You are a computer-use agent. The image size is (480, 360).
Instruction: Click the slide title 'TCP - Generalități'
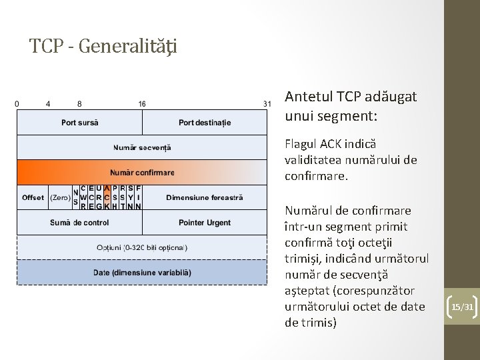coord(103,46)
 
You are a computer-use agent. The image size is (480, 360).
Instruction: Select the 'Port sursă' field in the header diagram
coord(79,123)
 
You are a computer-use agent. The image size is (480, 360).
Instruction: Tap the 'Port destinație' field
coord(205,123)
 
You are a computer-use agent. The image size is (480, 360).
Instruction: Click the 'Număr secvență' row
coord(142,147)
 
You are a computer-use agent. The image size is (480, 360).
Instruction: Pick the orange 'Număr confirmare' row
coord(142,172)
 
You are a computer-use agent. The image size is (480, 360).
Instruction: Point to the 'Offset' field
coord(33,197)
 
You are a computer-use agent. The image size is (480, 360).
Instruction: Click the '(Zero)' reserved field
coord(60,197)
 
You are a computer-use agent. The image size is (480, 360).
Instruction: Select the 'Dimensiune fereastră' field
coord(205,197)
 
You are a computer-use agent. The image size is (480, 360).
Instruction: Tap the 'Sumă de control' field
coord(79,222)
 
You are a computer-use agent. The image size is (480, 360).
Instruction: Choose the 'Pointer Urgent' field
coord(205,222)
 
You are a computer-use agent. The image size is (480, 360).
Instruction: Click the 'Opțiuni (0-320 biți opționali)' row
coord(142,247)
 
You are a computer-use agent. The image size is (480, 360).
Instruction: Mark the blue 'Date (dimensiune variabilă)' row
coord(142,272)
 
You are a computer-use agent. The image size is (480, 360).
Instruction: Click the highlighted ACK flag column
coord(107,197)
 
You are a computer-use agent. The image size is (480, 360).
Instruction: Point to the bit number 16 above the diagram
coord(142,104)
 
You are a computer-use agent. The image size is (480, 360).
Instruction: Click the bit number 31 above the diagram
coord(267,104)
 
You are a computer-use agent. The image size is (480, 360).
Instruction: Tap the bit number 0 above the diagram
coord(17,104)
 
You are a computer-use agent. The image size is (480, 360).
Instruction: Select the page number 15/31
coord(461,307)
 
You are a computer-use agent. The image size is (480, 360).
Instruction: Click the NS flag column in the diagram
coord(75,197)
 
